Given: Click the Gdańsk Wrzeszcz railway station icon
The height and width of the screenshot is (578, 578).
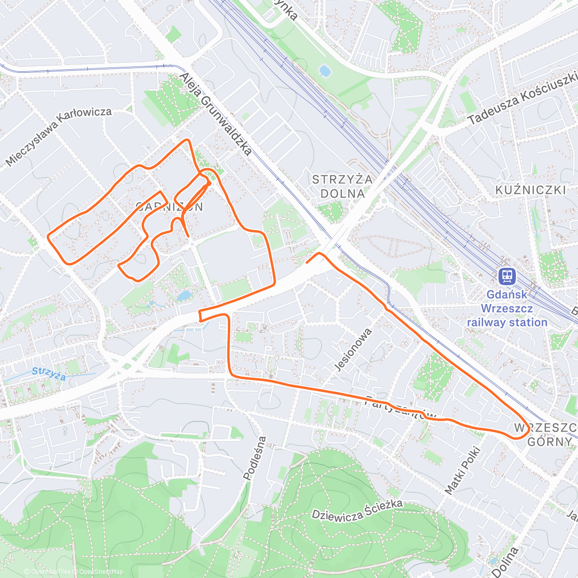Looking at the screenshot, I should (x=507, y=276).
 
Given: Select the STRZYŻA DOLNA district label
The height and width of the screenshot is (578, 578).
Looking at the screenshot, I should (x=342, y=186).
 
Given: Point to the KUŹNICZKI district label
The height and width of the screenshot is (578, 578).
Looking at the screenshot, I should (x=530, y=190).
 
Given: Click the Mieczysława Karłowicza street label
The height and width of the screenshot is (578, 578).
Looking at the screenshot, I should (x=59, y=136).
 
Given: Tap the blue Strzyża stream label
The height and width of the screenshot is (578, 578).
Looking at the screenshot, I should (x=49, y=373).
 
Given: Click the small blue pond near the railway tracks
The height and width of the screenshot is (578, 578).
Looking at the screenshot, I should (x=325, y=71).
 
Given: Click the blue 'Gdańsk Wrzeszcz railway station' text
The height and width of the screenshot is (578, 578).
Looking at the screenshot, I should (x=507, y=309).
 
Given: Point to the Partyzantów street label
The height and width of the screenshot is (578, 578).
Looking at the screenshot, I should (x=401, y=407).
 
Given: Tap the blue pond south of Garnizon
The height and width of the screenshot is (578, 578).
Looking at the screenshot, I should (x=184, y=295).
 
